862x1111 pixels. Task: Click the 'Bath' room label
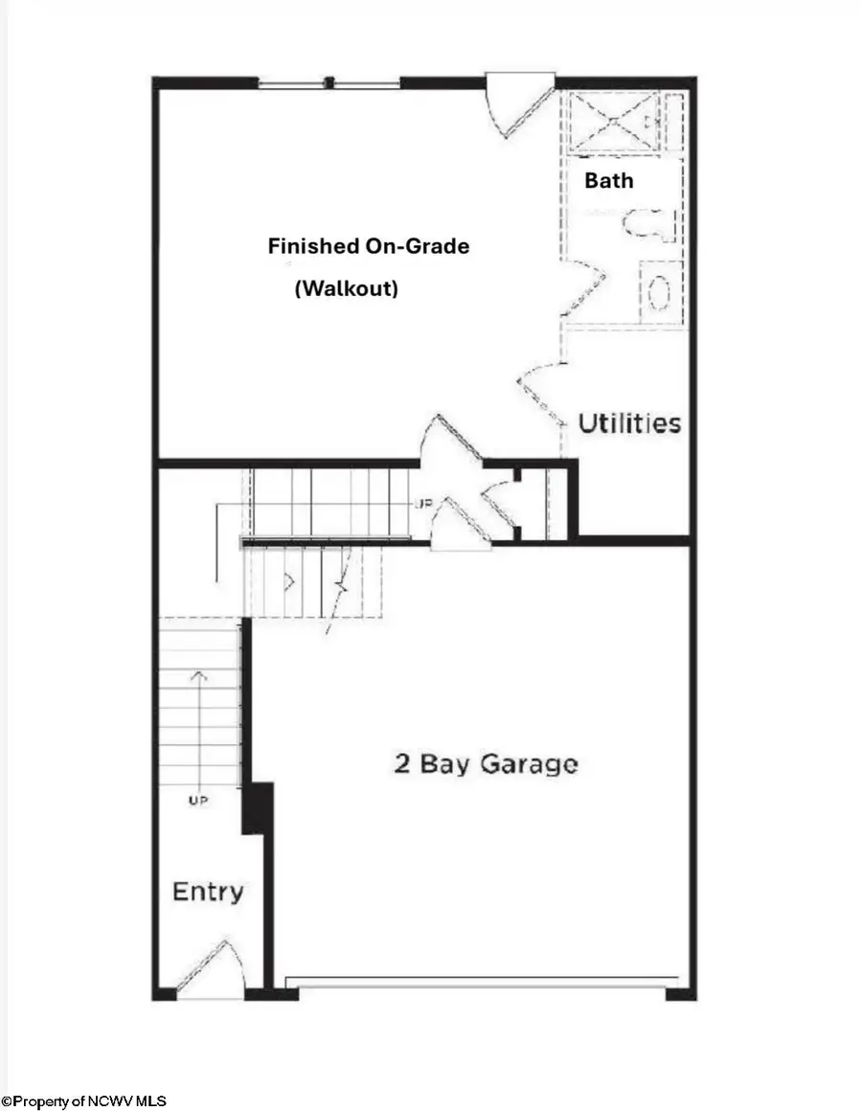[x=609, y=179]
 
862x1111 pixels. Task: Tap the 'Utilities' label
[x=629, y=423]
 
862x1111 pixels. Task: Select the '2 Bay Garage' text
[x=486, y=764]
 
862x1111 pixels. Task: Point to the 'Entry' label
[x=207, y=892]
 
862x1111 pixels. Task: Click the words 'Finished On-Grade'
[x=368, y=246]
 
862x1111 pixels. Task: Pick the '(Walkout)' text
[x=346, y=288]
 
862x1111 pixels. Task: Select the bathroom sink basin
[x=659, y=293]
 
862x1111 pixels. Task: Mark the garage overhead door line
[x=483, y=982]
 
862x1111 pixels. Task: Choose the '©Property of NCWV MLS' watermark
[x=84, y=1102]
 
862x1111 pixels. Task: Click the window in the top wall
[x=329, y=83]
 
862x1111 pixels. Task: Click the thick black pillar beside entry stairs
[x=257, y=807]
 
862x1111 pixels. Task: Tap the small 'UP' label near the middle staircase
[x=421, y=503]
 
